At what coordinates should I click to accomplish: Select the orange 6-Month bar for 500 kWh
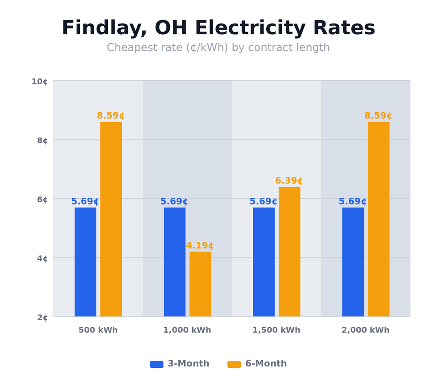pos(111,219)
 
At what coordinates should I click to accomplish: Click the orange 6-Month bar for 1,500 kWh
pos(289,252)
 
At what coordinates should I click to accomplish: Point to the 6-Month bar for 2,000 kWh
pos(379,219)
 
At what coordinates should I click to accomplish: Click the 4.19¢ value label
pos(200,246)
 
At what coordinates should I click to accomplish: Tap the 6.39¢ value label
pos(289,181)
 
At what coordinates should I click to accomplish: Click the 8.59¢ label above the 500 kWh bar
pos(111,116)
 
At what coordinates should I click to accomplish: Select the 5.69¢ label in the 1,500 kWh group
pos(263,202)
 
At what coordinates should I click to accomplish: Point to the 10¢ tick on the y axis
pos(39,81)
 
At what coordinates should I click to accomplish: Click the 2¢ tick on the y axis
pos(42,318)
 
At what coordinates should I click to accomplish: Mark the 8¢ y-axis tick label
pos(42,141)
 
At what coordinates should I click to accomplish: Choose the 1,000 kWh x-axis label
pos(187,330)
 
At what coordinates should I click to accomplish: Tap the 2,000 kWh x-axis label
pos(365,330)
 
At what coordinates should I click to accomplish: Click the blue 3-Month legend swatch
pos(157,364)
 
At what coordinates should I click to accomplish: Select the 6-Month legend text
pos(266,364)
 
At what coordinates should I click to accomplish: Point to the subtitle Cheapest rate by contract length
pos(218,48)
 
